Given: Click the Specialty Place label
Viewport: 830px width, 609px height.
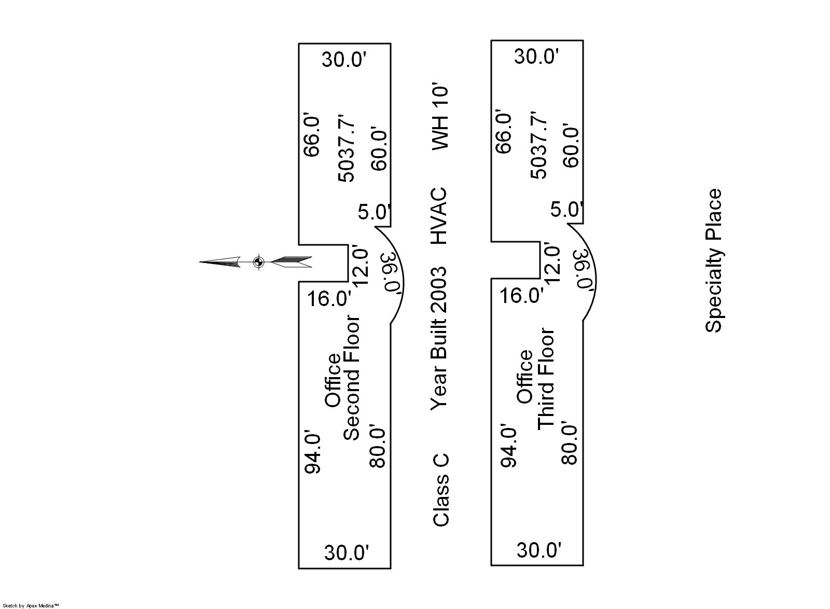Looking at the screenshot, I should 714,260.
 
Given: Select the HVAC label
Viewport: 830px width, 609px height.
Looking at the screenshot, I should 439,216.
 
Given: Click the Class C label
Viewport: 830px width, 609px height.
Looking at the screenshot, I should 441,490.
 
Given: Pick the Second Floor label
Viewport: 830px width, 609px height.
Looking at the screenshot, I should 352,378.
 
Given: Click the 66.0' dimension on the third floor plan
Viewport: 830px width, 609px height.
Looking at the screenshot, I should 504,131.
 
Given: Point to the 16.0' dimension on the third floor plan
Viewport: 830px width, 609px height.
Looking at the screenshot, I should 522,296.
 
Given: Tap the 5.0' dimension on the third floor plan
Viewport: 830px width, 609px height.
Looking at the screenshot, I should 567,210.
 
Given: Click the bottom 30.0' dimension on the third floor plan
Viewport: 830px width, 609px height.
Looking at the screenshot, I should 539,549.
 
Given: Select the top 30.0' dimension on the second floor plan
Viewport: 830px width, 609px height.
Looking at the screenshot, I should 344,59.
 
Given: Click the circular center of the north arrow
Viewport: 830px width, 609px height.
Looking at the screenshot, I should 258,262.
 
